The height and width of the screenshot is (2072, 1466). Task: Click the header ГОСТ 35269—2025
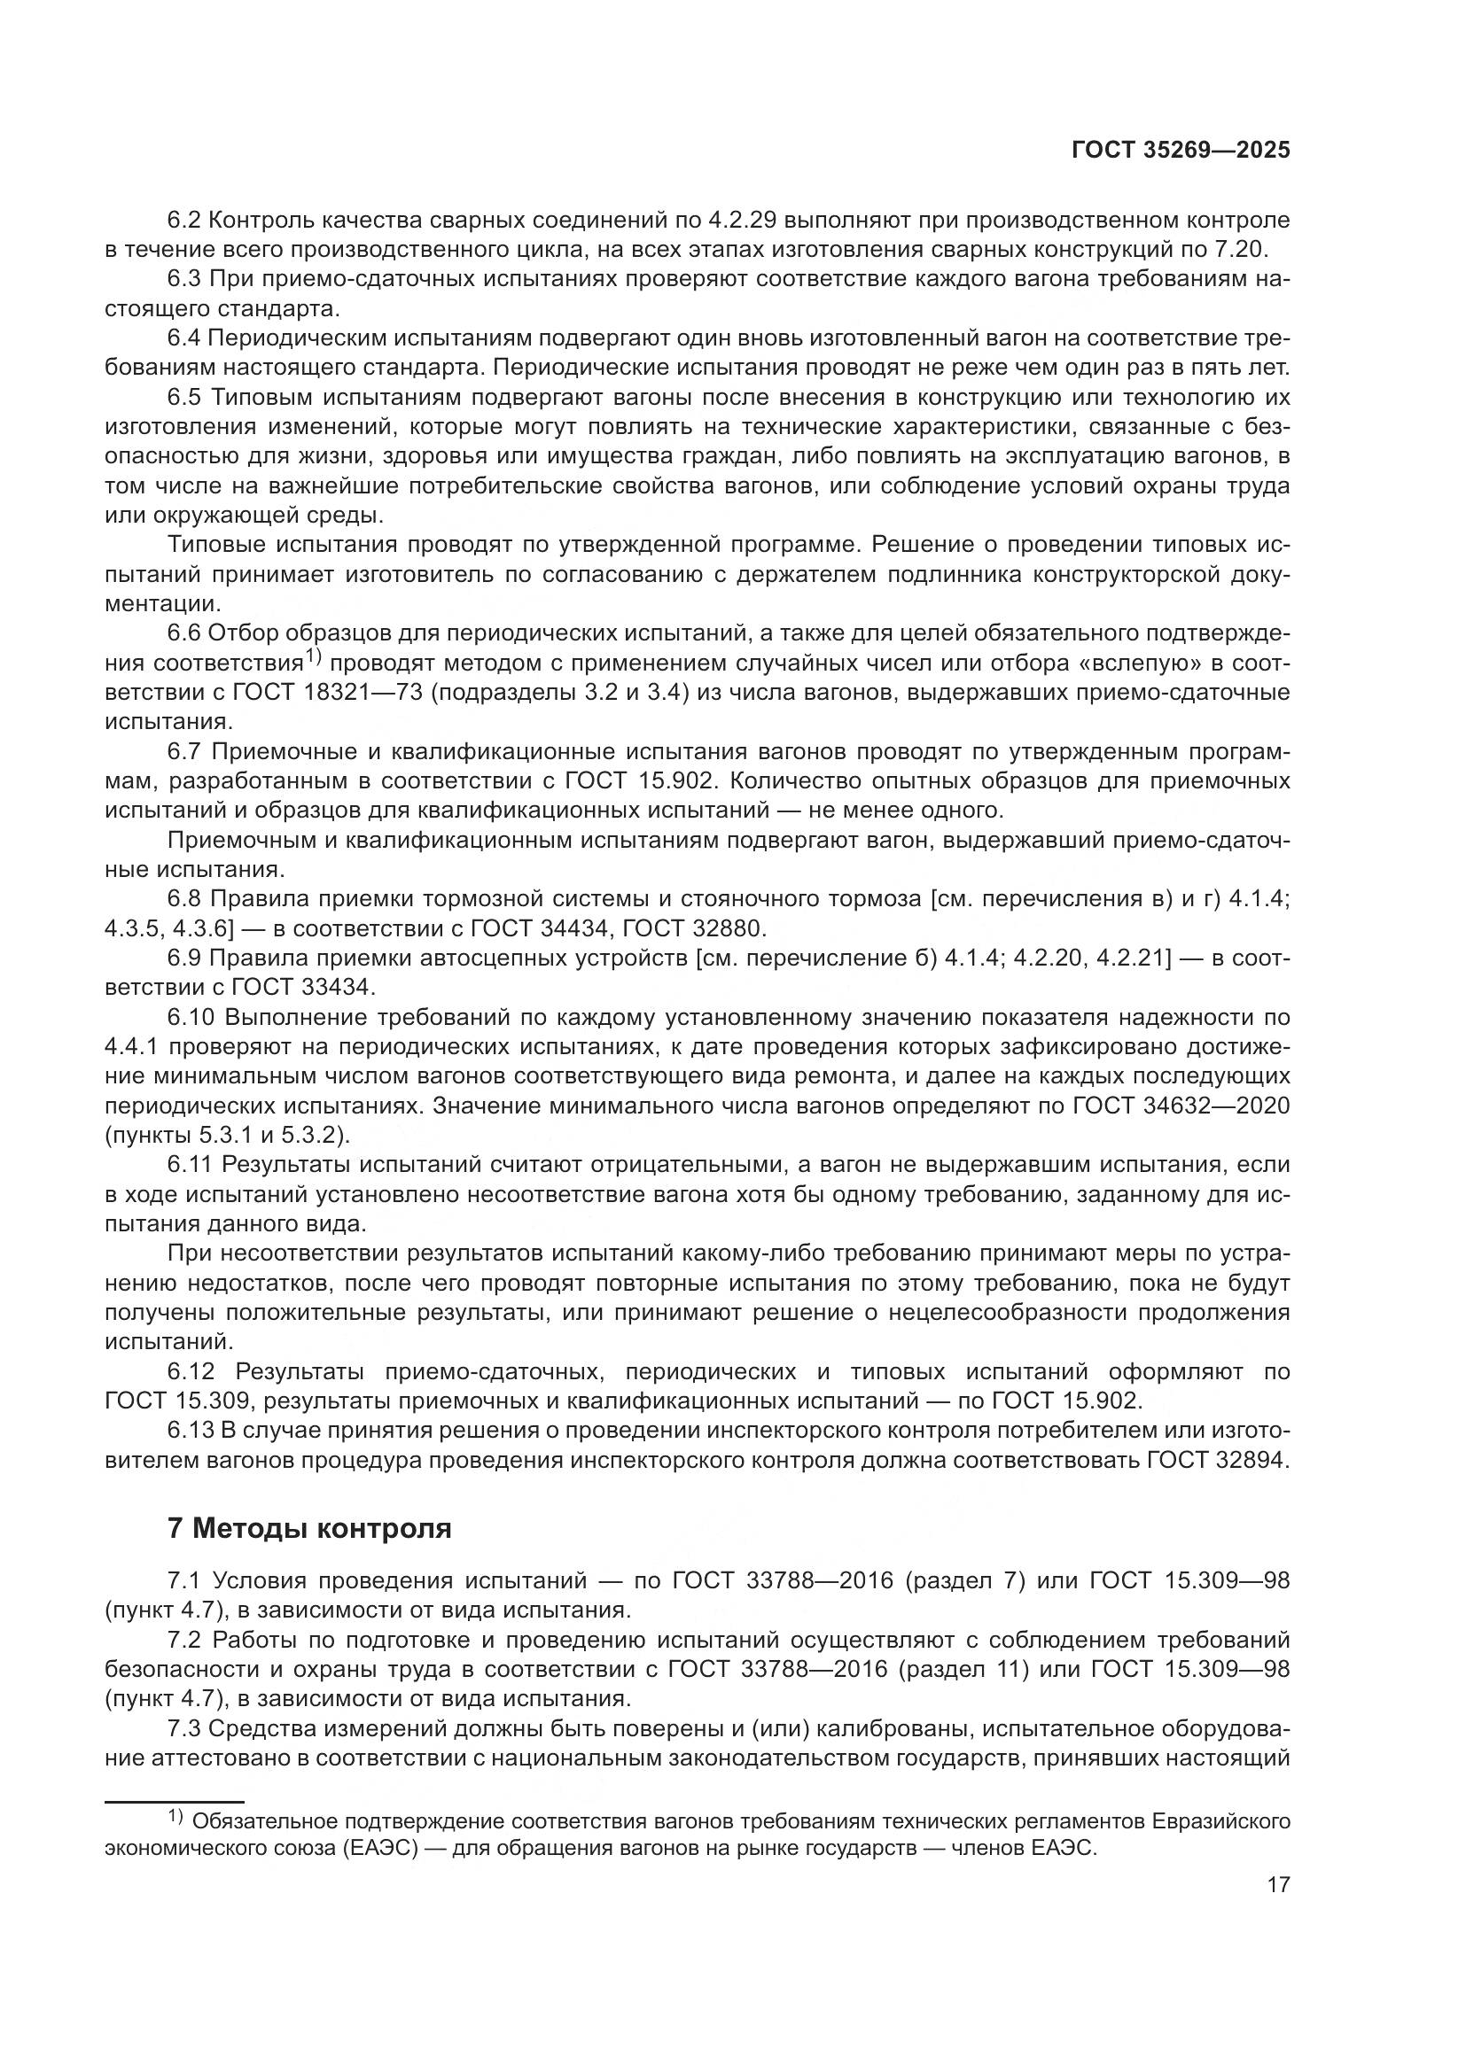[x=1180, y=150]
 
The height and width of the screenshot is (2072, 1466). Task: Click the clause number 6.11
[x=191, y=1164]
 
